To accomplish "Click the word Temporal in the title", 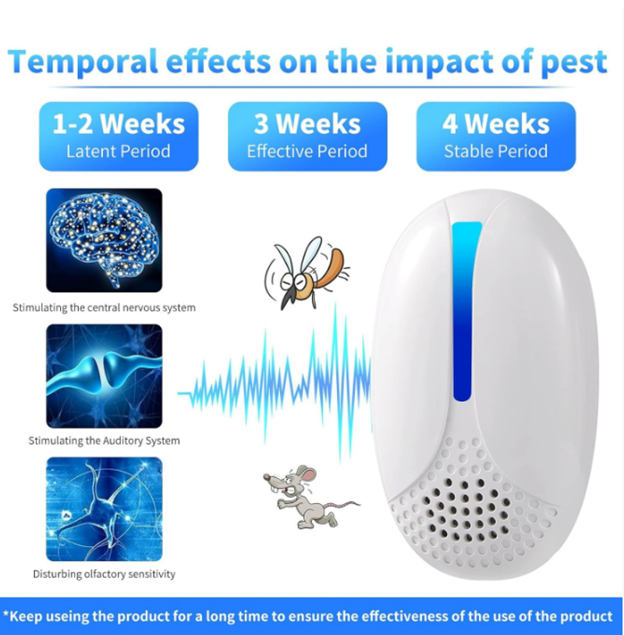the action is click(83, 62).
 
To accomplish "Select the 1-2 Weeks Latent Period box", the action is click(119, 137).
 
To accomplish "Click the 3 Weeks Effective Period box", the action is click(307, 137).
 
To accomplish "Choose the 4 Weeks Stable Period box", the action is click(496, 137).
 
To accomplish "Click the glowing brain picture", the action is click(104, 240).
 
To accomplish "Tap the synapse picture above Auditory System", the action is click(104, 376).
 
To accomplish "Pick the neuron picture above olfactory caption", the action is click(104, 509).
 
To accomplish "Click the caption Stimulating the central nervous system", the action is click(104, 308).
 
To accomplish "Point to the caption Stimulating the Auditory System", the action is click(104, 441).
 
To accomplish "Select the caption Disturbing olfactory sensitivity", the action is click(104, 574).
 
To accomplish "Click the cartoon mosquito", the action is click(306, 273).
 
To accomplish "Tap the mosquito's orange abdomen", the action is click(330, 268).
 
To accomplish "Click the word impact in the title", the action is click(440, 62).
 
